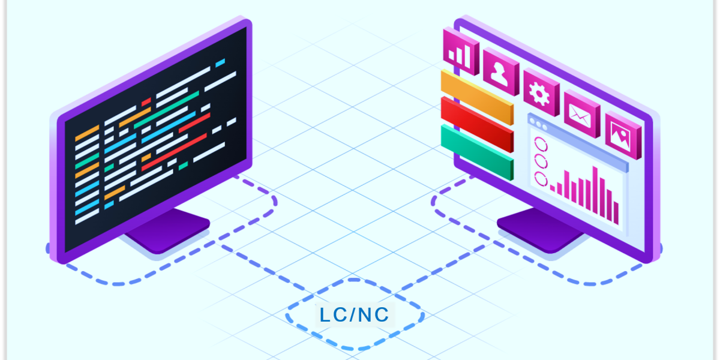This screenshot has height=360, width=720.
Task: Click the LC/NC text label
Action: pos(355,314)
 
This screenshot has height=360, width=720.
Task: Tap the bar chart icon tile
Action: pos(461,52)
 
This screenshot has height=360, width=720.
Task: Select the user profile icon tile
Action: pos(501,71)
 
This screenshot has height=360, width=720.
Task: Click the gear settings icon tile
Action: pos(542,92)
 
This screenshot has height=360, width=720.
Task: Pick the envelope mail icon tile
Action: pos(582,114)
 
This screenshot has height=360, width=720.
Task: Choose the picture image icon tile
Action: pos(623,135)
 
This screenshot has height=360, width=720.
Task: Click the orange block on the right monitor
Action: pos(478,97)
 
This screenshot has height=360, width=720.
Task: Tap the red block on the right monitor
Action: pos(478,124)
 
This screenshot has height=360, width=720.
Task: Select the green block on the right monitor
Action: pos(478,152)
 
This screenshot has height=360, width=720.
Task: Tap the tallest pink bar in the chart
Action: pos(595,190)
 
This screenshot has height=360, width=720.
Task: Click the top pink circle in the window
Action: pos(541,144)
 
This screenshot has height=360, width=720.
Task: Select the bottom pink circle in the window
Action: pos(541,179)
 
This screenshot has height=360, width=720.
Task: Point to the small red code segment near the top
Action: pos(146,102)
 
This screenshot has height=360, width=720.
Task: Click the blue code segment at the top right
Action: pos(220,62)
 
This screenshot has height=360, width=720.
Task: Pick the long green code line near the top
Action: pos(167,110)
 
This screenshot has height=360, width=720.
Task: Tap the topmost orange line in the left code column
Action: pos(87,133)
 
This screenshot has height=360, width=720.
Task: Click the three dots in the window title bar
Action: pos(538,124)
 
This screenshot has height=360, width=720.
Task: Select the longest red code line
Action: pos(174,152)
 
